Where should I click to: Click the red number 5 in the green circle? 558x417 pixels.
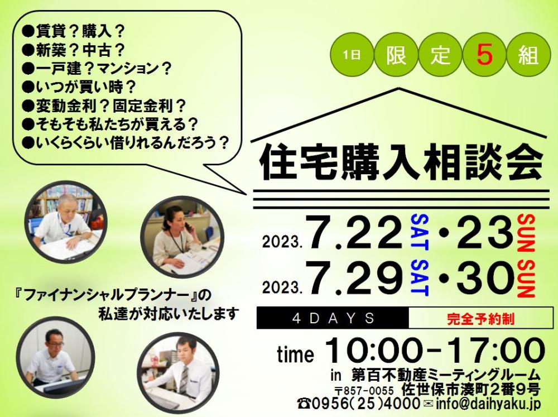[x=484, y=55]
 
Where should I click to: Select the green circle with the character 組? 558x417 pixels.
[x=528, y=55]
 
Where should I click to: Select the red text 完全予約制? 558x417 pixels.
[x=480, y=318]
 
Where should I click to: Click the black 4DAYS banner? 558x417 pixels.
[x=333, y=318]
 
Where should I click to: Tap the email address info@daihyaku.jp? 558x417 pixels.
[x=488, y=404]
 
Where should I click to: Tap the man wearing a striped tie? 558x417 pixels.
[x=177, y=373]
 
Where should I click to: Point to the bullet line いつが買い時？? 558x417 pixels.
[x=78, y=87]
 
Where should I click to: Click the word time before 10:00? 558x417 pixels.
[x=295, y=354]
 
